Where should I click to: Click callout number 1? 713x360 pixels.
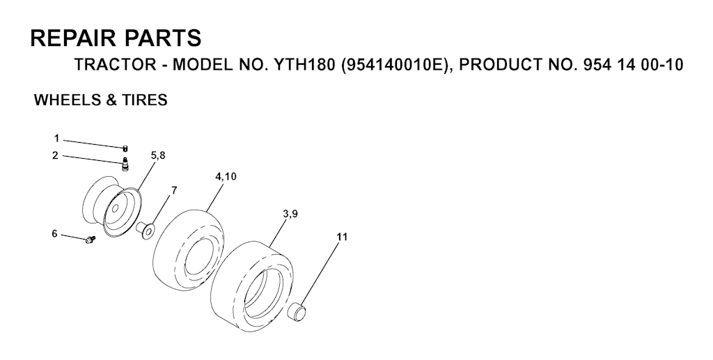[x=56, y=138]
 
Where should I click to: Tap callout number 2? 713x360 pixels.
[x=55, y=155]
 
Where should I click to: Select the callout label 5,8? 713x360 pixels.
[x=158, y=155]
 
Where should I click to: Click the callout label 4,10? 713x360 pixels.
[x=226, y=176]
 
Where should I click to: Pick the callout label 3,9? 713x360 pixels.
[x=290, y=214]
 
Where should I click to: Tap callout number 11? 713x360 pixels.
[x=342, y=237]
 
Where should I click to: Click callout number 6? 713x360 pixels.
[x=54, y=234]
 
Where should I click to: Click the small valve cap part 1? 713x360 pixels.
[x=125, y=148]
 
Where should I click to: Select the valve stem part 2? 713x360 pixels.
[x=125, y=164]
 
